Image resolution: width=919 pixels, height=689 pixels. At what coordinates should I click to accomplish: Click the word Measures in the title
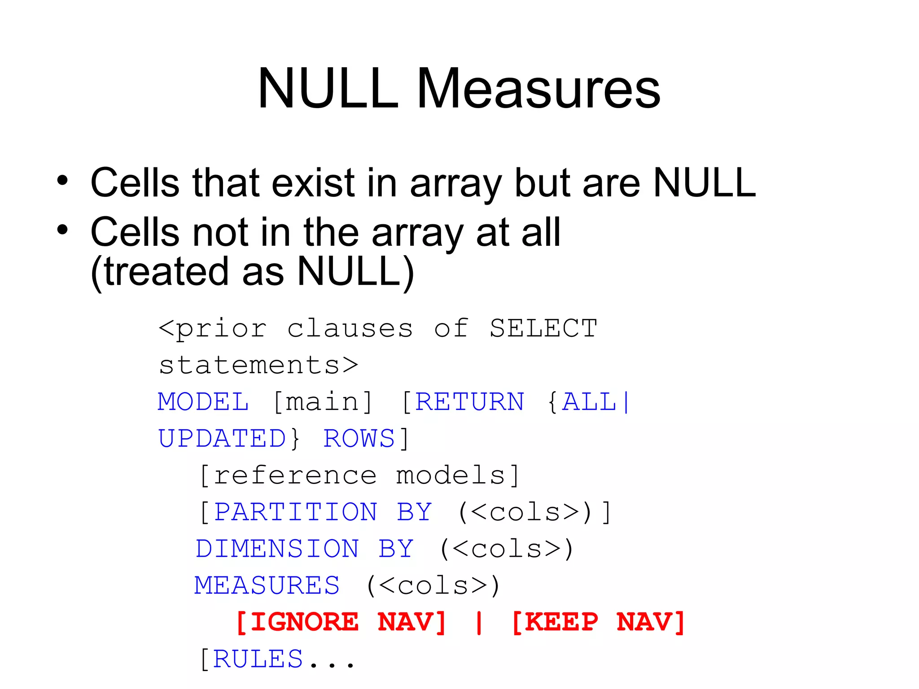538,88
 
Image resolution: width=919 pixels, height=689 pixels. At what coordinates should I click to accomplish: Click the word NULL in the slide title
328,88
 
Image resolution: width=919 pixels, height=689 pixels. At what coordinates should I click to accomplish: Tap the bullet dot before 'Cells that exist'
62,181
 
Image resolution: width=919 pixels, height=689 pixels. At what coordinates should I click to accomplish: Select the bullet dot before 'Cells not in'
62,230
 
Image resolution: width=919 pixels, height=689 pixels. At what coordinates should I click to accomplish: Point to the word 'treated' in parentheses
166,272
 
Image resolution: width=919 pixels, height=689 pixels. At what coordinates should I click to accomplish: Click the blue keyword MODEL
203,401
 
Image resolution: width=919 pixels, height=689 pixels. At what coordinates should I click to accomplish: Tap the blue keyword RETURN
469,401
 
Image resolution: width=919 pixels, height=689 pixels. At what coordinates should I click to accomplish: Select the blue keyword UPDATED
222,438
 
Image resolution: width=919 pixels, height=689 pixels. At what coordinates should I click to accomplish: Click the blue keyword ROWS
359,438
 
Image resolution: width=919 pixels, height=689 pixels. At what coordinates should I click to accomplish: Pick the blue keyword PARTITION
296,512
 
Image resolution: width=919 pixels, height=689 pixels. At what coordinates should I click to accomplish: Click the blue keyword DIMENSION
277,549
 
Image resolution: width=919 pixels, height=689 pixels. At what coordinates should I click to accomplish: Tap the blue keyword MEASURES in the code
267,585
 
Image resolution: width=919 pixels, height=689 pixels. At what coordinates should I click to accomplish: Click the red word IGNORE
304,622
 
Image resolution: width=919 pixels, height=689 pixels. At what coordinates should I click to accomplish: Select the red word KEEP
561,622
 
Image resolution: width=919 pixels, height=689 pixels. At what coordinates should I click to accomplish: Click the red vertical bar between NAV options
479,622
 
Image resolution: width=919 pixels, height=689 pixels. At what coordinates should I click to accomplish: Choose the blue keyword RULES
258,659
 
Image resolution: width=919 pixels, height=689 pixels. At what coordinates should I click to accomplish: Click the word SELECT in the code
543,328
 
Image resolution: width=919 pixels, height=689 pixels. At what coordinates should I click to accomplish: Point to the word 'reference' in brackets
295,475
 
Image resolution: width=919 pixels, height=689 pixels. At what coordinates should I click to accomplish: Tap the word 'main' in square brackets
322,401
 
